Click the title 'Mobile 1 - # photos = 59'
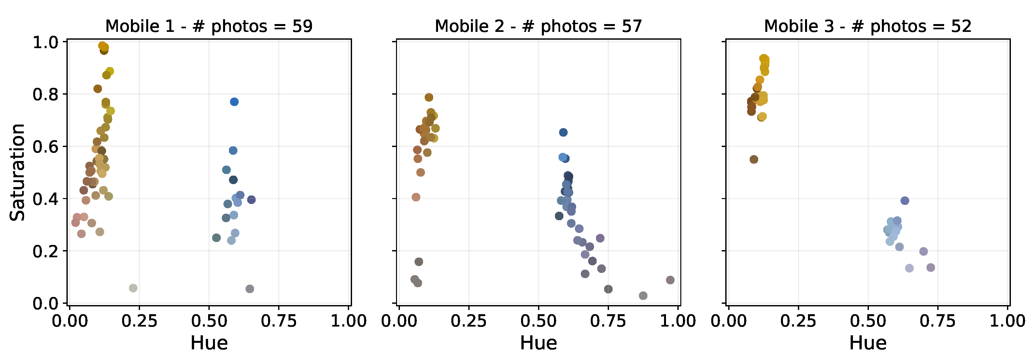coord(209,26)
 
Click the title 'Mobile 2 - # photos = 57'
coord(538,26)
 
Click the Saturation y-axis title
coord(18,172)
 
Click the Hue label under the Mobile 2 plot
coord(538,343)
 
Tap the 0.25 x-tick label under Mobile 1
coord(139,321)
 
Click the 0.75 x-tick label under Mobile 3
coord(938,321)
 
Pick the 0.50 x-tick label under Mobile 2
coord(538,321)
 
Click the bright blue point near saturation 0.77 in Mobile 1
coord(234,102)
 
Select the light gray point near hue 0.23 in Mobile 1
coord(133,288)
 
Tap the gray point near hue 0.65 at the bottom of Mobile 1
coord(250,288)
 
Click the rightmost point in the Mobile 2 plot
coord(670,280)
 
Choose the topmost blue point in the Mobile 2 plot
coord(563,132)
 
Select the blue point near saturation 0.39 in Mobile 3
coord(905,200)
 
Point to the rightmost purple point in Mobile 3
coord(931,267)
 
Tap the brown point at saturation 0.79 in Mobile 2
coord(429,98)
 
